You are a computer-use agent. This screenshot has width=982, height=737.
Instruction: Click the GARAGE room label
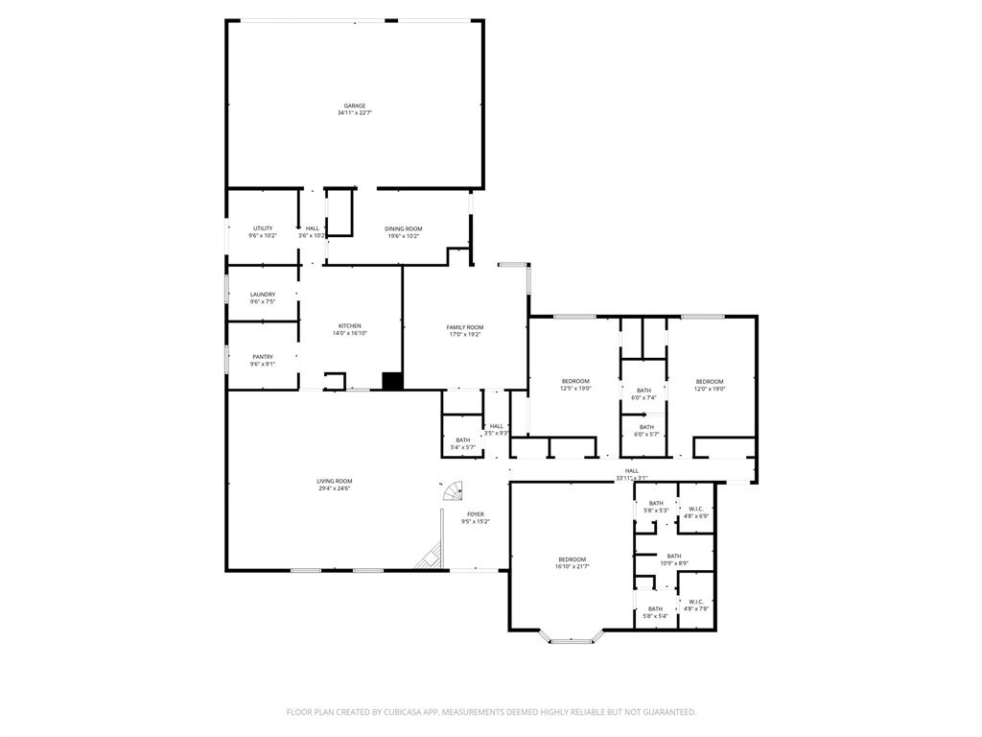[355, 106]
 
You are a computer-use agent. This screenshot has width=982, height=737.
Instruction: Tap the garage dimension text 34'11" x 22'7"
[355, 113]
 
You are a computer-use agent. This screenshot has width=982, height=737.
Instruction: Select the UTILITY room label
[263, 228]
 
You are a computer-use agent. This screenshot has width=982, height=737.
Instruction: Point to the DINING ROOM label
[404, 228]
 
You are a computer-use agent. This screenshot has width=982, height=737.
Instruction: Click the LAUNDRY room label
[263, 295]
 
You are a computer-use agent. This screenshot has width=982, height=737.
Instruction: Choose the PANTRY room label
[263, 357]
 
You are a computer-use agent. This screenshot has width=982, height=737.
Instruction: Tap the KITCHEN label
[350, 325]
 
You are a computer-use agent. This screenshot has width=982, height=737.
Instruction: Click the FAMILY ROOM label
[465, 327]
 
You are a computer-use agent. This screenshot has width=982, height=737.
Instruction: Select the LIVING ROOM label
[336, 481]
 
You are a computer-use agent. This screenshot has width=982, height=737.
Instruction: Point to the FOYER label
[476, 514]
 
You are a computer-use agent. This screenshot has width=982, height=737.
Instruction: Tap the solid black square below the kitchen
[392, 381]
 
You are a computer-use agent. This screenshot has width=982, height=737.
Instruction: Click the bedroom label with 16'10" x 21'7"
[573, 559]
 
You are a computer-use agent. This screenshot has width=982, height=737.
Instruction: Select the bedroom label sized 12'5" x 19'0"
[575, 381]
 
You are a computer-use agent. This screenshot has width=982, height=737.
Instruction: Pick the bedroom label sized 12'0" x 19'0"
[710, 381]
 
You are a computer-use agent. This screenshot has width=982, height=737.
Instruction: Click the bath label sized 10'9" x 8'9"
[674, 556]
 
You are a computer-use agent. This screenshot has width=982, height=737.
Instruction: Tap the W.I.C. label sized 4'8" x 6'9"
[696, 509]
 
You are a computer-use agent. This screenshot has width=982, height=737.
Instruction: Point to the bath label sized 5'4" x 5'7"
[463, 440]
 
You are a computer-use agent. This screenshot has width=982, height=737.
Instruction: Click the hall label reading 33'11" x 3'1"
[632, 470]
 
